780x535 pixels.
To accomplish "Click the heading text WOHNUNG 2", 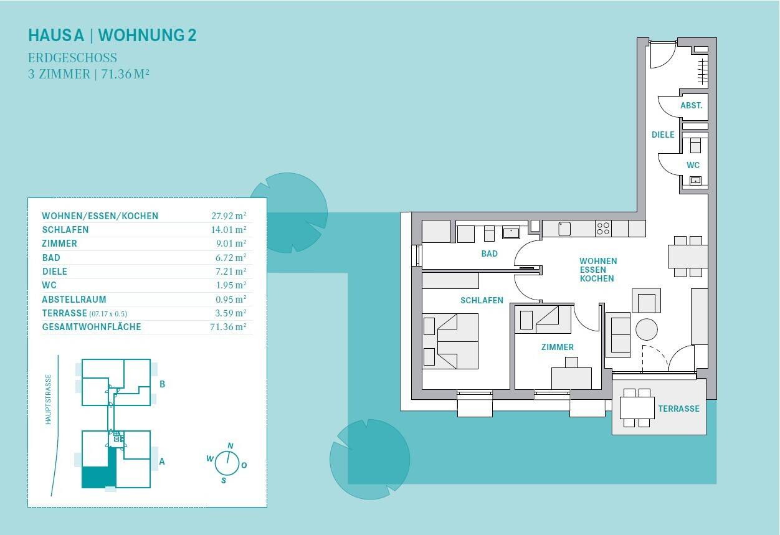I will (x=148, y=35).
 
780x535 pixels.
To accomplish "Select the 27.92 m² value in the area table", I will (x=229, y=216).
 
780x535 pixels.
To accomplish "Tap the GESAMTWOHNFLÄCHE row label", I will (x=92, y=327).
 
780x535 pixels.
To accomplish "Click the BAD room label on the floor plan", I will (x=489, y=253).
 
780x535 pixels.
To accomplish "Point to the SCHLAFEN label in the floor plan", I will (x=482, y=300).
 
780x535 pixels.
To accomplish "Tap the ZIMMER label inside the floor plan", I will (x=557, y=347).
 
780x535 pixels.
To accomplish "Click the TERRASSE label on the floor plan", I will (x=678, y=409).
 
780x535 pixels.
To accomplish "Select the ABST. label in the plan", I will (x=691, y=106).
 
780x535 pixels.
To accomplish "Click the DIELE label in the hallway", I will (x=663, y=135).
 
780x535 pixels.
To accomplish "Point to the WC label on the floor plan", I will (x=693, y=165).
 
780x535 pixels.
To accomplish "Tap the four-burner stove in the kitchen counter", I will (x=602, y=229).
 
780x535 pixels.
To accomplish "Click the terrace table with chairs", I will (x=636, y=407).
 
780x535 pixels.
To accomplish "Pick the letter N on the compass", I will (x=231, y=446).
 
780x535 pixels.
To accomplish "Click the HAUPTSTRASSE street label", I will (x=49, y=399).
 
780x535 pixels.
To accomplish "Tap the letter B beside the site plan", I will (x=162, y=384).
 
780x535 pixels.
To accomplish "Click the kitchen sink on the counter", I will (x=564, y=229).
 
